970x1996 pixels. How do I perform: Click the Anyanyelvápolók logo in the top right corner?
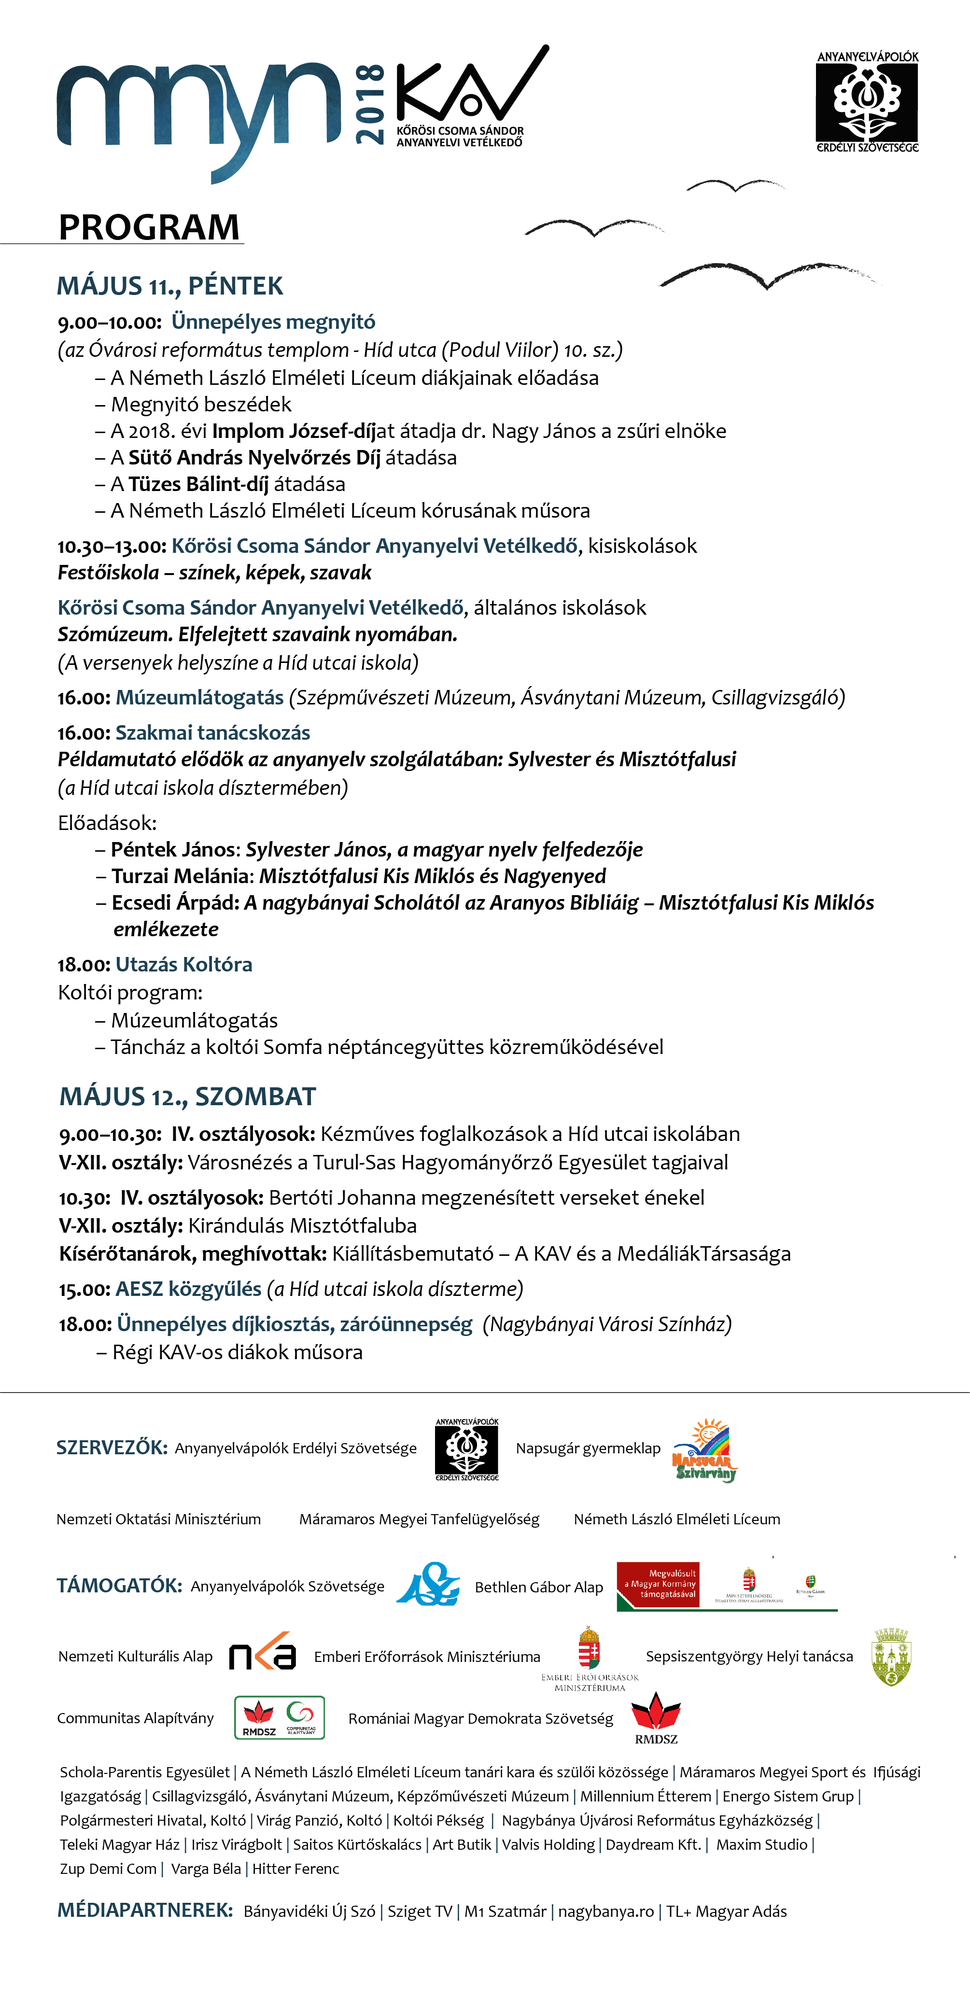click(867, 101)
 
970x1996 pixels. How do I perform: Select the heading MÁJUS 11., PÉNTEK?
click(169, 286)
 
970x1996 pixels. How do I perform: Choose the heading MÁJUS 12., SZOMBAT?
click(187, 1096)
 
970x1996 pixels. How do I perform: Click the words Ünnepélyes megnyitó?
click(273, 322)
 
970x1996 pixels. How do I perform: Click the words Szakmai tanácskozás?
click(212, 732)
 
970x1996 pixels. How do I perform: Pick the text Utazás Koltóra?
click(183, 965)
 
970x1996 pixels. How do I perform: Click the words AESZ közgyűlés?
click(188, 1289)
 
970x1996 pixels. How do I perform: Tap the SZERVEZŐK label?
click(112, 1448)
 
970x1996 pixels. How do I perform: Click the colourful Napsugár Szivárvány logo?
click(704, 1450)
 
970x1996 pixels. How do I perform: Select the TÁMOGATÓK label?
click(119, 1585)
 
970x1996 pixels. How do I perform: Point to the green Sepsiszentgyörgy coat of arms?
click(891, 1657)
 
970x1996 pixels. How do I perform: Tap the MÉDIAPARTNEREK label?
click(145, 1911)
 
